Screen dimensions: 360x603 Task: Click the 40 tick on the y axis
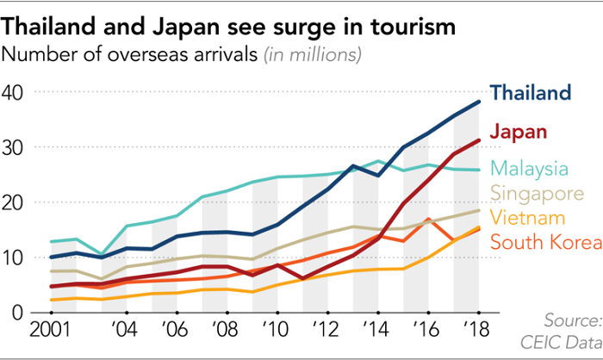coord(15,92)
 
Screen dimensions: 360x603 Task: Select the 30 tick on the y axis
coord(15,147)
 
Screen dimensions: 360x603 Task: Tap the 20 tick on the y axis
coord(15,202)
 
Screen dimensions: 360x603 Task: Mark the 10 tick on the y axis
coord(15,258)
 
